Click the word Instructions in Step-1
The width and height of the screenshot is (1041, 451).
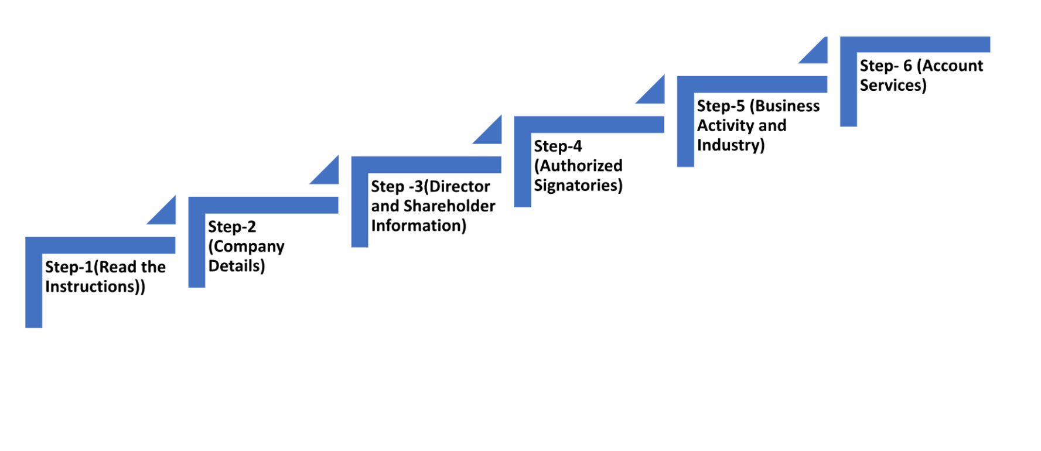[91, 286]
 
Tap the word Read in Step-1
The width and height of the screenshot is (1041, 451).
[118, 267]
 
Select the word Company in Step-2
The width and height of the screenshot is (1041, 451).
[249, 247]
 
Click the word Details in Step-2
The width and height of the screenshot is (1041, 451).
[234, 266]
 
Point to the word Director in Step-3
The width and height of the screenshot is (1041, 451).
[459, 186]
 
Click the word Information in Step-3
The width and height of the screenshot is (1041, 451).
[416, 225]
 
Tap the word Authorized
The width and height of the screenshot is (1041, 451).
[581, 166]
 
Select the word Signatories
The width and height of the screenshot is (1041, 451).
[575, 186]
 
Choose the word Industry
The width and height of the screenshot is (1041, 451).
[728, 145]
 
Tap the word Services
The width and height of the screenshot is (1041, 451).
[890, 85]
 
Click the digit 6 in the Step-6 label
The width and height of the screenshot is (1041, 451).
[907, 66]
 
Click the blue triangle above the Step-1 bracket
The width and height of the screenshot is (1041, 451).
[166, 214]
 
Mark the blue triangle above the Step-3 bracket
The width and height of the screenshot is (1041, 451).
[492, 134]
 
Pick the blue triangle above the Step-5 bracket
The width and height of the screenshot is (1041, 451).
[817, 53]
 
